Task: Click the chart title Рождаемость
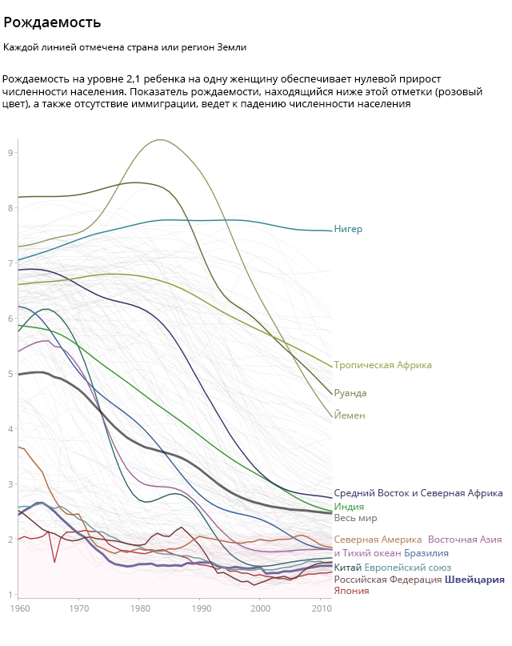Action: tap(52, 22)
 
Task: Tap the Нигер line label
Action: tap(348, 230)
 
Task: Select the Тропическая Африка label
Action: tap(382, 365)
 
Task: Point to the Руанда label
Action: tap(350, 393)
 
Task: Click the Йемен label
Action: tap(350, 415)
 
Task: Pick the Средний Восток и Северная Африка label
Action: tap(418, 493)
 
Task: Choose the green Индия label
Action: tap(349, 507)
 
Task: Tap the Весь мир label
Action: tap(355, 518)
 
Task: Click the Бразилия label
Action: tap(426, 553)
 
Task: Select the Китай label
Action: tap(348, 568)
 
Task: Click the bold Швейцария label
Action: tap(474, 580)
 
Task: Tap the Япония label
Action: tap(351, 591)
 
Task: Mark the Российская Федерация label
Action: tap(386, 580)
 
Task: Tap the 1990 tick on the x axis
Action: tap(199, 609)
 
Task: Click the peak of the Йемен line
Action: tap(160, 140)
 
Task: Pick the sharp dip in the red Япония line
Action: tap(54, 562)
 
